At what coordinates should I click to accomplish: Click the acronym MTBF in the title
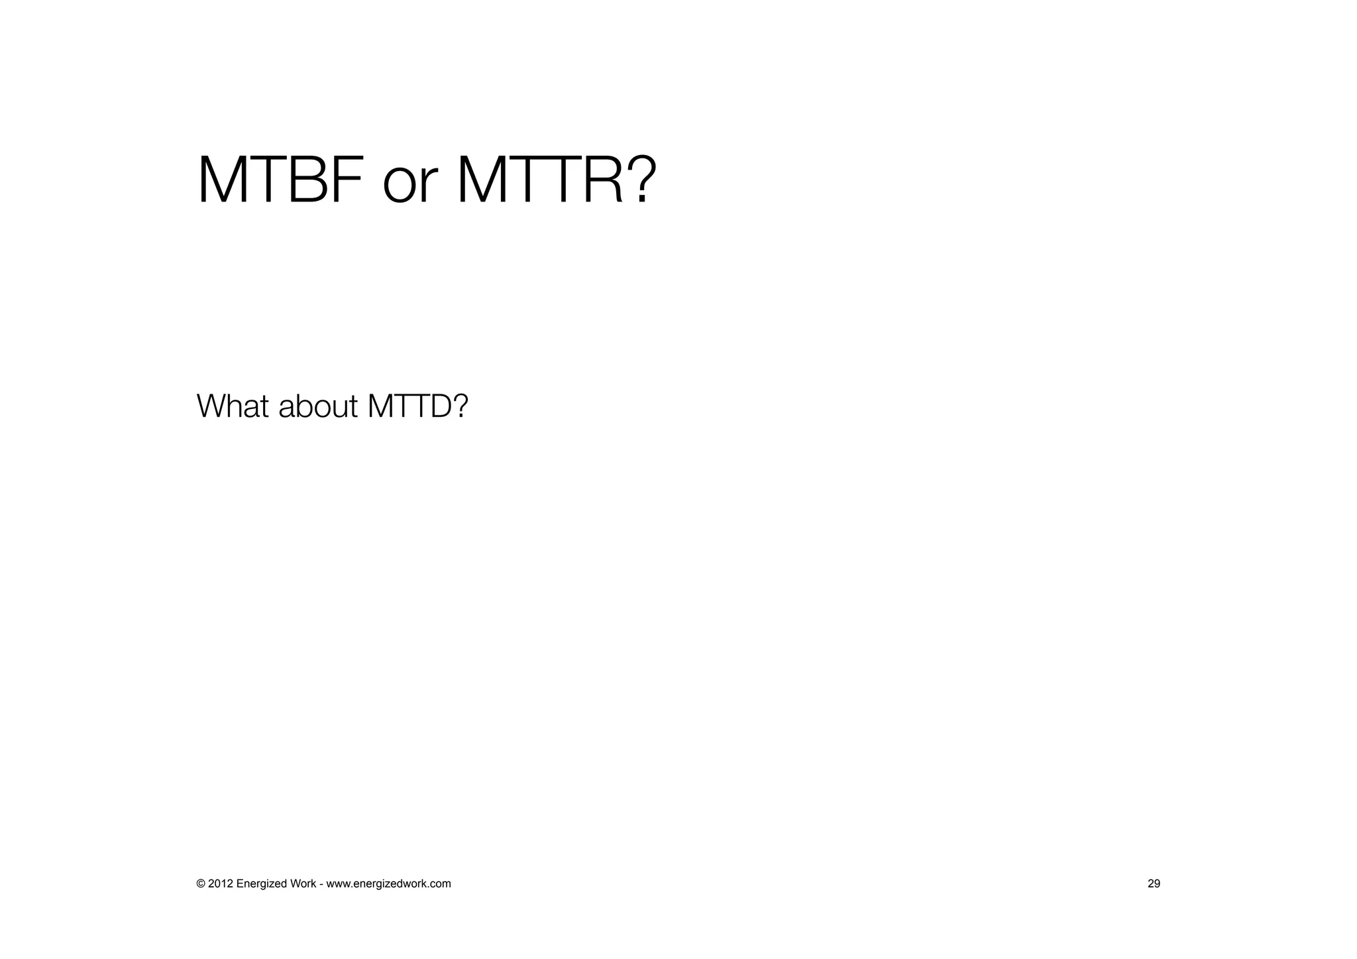tap(280, 180)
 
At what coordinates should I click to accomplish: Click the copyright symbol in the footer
tap(201, 883)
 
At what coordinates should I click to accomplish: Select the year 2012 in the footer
tap(221, 883)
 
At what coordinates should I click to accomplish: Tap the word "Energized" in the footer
tap(262, 883)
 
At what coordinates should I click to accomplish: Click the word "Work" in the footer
tap(303, 883)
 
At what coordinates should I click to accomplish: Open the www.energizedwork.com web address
tap(389, 883)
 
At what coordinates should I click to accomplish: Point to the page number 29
tap(1154, 883)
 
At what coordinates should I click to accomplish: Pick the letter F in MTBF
tap(349, 180)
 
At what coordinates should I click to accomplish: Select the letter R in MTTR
tap(602, 180)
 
